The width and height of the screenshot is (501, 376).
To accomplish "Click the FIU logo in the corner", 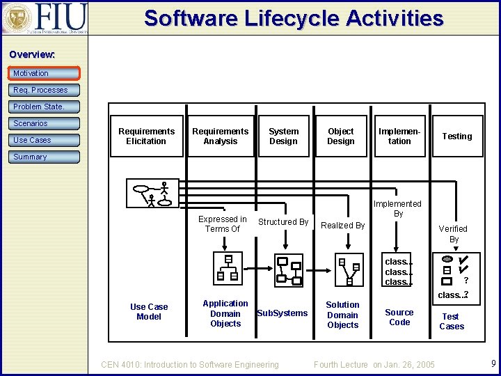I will [x=45, y=17].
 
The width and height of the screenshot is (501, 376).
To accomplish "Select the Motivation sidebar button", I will [x=45, y=73].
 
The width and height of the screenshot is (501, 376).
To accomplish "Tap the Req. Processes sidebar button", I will [x=45, y=90].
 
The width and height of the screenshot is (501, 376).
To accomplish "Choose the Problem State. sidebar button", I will [x=45, y=107].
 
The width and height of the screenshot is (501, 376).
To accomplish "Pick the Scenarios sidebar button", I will [x=45, y=123].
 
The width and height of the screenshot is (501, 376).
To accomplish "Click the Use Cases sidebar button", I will [x=45, y=140].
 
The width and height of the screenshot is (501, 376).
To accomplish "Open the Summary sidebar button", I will [x=45, y=157].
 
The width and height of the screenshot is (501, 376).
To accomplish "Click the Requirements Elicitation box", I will [x=146, y=136].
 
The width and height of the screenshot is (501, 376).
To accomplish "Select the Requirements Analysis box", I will [x=220, y=136].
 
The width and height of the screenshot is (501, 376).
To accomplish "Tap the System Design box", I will [x=283, y=136].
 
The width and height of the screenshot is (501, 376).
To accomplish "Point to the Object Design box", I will [x=340, y=136].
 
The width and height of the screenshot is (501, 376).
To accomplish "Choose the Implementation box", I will [x=399, y=136].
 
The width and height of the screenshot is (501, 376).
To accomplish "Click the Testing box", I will [x=456, y=136].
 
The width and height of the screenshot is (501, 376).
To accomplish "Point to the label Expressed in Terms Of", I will [x=223, y=224].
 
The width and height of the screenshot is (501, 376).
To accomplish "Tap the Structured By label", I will [x=283, y=222].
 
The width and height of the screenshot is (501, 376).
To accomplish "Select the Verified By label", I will [x=453, y=234].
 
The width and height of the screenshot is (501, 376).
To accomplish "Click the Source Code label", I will [x=399, y=318].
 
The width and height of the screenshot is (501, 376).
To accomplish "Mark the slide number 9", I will [x=493, y=363].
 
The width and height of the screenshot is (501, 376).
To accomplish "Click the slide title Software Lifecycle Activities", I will [x=293, y=18].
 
